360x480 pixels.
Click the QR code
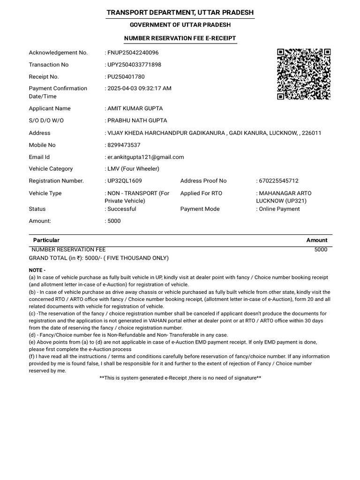pyautogui.click(x=304, y=74)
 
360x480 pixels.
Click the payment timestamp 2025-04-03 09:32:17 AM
pyautogui.click(x=139, y=88)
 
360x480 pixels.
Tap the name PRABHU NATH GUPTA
pyautogui.click(x=137, y=120)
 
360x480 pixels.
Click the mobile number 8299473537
pyautogui.click(x=124, y=145)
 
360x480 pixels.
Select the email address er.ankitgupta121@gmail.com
pyautogui.click(x=145, y=157)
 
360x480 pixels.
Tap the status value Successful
pyautogui.click(x=121, y=209)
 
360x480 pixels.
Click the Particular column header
pyautogui.click(x=46, y=240)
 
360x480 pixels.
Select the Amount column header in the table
pyautogui.click(x=317, y=240)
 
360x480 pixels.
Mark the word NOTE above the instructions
pyautogui.click(x=37, y=270)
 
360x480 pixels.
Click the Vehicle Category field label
pyautogui.click(x=51, y=169)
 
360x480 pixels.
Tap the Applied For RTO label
pyautogui.click(x=201, y=193)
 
